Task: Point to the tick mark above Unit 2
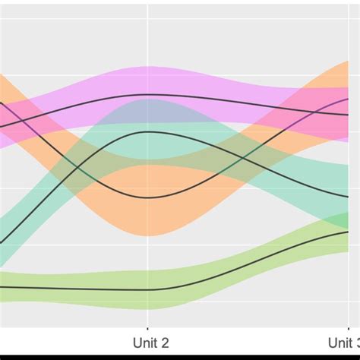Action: point(148,325)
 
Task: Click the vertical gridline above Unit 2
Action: point(148,38)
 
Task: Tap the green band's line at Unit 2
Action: point(148,289)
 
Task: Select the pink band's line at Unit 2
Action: point(148,95)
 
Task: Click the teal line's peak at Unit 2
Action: point(148,132)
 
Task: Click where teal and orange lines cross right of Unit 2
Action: point(244,158)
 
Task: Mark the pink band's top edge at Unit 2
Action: point(148,67)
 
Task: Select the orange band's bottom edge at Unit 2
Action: point(148,235)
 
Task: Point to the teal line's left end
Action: point(2,242)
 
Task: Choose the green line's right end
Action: point(348,232)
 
